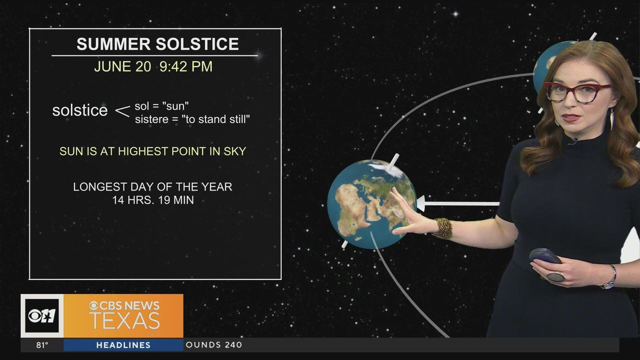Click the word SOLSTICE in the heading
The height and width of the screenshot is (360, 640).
click(x=197, y=44)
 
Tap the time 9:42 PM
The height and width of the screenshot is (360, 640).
click(x=186, y=66)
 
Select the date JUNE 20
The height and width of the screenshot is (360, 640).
click(x=122, y=66)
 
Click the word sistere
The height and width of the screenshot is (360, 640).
click(x=151, y=119)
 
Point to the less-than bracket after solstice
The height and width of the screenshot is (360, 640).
click(x=122, y=111)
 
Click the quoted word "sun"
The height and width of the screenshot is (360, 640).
click(x=175, y=106)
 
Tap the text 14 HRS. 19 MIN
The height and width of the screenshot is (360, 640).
click(x=153, y=200)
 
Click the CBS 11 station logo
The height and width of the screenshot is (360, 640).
click(x=42, y=315)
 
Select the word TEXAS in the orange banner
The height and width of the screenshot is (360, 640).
click(x=124, y=321)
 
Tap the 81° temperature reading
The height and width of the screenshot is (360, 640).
click(x=42, y=345)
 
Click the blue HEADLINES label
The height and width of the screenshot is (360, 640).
click(x=123, y=345)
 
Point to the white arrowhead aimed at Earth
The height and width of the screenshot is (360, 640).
click(x=420, y=203)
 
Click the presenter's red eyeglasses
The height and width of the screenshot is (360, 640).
click(x=576, y=92)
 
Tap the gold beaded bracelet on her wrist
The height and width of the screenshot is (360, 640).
click(x=443, y=228)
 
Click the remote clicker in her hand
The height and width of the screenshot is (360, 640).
click(x=544, y=256)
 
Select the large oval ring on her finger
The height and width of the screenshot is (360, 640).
click(x=555, y=277)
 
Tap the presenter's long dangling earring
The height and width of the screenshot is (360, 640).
click(x=611, y=119)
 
